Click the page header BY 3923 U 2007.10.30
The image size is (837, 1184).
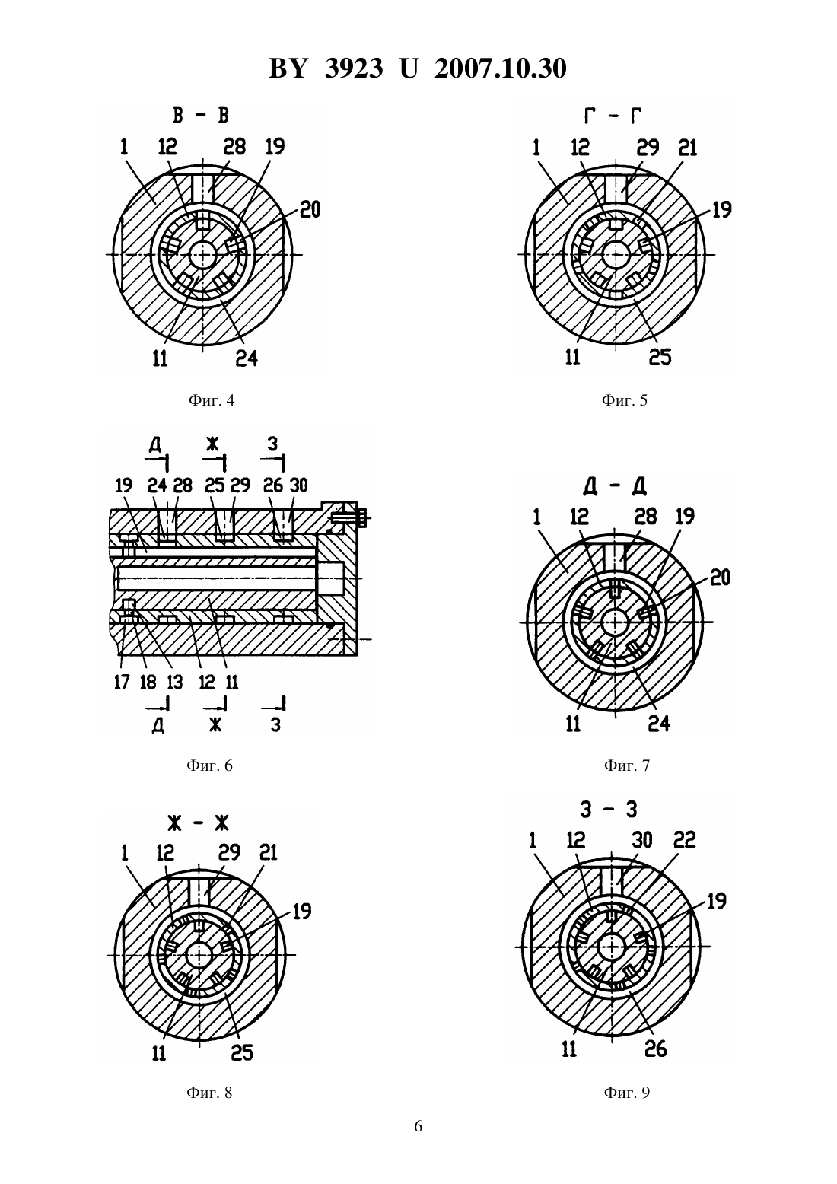418,68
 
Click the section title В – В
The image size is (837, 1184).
201,115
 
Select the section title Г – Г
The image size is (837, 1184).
613,115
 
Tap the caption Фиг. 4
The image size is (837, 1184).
212,400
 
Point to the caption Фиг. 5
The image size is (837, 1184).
624,400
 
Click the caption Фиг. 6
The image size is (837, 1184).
210,765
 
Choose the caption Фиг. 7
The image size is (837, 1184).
627,765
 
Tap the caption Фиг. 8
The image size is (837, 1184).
210,1093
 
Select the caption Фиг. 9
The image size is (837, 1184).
627,1093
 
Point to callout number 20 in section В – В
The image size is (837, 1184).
310,210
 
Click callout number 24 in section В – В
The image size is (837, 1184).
247,358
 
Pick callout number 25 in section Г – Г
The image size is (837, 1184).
660,358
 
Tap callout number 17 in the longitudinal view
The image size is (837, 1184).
122,682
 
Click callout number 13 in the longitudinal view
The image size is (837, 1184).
174,682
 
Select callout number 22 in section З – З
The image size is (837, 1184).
684,839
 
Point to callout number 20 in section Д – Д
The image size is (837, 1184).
720,578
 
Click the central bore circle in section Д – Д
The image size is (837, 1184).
615,622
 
